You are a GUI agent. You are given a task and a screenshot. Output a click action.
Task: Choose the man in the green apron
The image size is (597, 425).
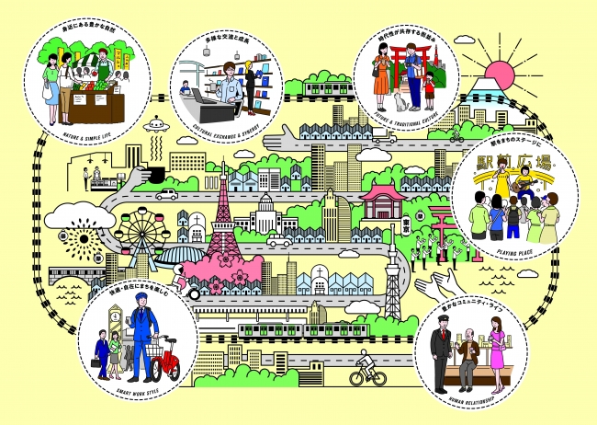tap(107, 69)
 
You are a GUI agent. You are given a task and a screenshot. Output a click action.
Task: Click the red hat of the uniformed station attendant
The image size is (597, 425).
tap(439, 327)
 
